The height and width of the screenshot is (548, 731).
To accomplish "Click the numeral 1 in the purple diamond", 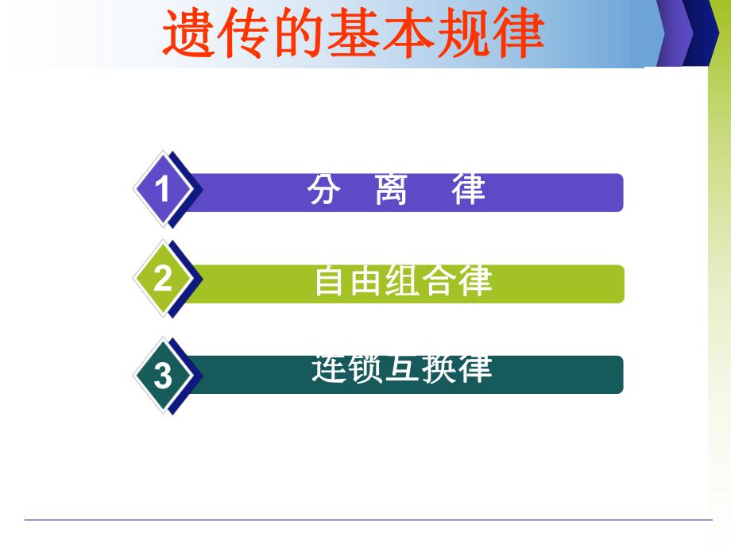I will [x=163, y=191].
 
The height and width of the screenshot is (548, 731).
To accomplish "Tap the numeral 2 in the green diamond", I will [x=163, y=279].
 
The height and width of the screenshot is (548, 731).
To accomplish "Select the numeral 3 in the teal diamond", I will [x=163, y=374].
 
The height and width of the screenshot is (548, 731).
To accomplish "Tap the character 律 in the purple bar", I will [x=469, y=191].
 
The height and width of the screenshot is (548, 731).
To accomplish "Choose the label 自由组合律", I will [x=403, y=281].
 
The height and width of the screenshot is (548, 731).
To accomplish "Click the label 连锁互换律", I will [x=402, y=369].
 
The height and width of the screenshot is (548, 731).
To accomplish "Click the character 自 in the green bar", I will [x=331, y=281].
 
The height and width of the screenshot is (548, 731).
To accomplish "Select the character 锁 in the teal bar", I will [x=366, y=369].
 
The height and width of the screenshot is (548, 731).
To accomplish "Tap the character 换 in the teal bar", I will [x=439, y=369].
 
